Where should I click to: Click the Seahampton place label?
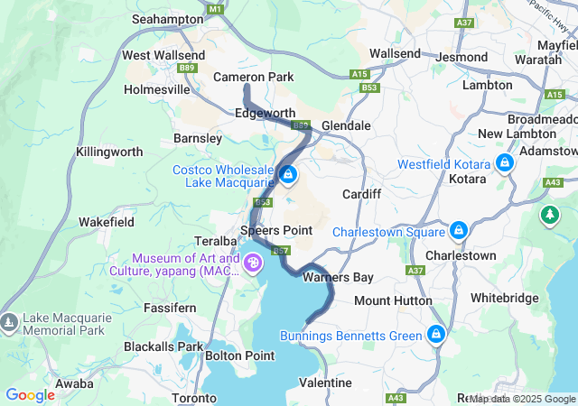tap(168, 18)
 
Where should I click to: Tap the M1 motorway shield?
tap(214, 8)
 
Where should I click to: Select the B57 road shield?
tap(281, 250)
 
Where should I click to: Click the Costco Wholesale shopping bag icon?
tap(288, 174)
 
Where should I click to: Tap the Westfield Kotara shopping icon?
tap(504, 164)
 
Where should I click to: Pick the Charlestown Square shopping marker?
tap(459, 231)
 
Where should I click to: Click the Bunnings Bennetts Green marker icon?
tap(436, 336)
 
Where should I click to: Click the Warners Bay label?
tap(326, 277)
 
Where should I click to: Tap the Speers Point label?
tap(276, 230)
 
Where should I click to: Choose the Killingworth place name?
tap(109, 152)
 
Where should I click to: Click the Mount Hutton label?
tap(392, 300)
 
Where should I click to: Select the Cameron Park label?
tap(253, 78)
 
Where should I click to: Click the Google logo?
tap(30, 395)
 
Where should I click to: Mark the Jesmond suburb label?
tap(461, 56)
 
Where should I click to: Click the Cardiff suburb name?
tap(362, 194)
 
